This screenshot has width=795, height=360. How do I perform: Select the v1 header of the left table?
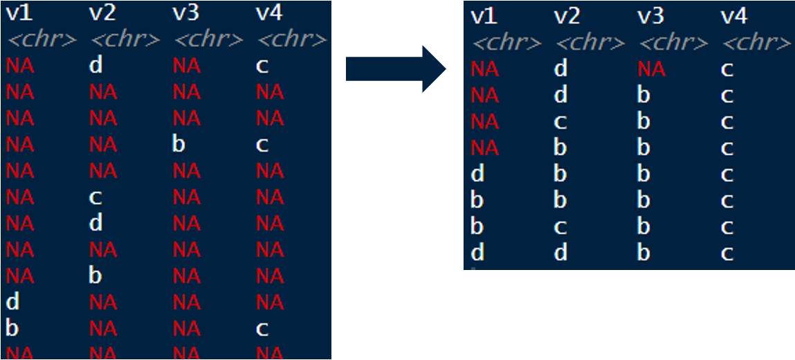[x=19, y=12]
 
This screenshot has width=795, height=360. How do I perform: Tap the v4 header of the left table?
[x=268, y=12]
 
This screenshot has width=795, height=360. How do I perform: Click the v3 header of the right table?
[x=650, y=17]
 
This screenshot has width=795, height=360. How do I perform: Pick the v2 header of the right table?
[x=567, y=17]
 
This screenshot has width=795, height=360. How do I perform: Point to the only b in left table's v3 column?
[x=178, y=145]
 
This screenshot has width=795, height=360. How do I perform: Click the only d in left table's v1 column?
[x=12, y=302]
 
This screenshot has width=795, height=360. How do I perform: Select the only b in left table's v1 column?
[x=12, y=328]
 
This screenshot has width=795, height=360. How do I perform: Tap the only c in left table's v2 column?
[x=95, y=198]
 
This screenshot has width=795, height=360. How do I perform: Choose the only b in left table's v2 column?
[x=95, y=276]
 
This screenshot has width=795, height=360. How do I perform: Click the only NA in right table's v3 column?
[x=651, y=69]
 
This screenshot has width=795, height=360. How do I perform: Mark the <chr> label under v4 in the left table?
[x=291, y=39]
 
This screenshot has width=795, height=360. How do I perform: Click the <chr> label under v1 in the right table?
[x=506, y=44]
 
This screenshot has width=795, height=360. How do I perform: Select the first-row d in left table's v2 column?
[x=95, y=66]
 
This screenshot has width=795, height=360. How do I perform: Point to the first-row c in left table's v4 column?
[x=261, y=66]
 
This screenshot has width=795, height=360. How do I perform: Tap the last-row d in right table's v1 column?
[x=477, y=253]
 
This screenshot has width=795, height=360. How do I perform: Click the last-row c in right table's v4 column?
[x=727, y=253]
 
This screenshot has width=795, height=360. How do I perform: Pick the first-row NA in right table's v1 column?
[x=484, y=69]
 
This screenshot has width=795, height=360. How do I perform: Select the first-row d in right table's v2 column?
[x=560, y=69]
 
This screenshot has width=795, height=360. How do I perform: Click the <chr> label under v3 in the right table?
[x=673, y=44]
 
